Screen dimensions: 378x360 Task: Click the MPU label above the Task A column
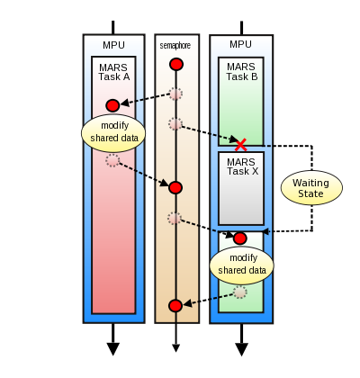point(113,44)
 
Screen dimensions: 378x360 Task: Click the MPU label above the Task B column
point(240,44)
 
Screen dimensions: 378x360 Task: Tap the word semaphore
point(175,45)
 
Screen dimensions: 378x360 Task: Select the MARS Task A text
point(114,71)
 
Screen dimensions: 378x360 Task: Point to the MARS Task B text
point(241,71)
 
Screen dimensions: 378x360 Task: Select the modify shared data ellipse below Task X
point(241,264)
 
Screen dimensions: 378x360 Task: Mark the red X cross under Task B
point(240,144)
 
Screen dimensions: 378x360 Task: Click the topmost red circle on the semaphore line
point(176,65)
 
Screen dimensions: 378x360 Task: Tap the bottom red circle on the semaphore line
point(175,306)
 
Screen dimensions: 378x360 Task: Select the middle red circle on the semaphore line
point(175,187)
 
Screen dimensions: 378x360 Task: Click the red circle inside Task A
point(112,105)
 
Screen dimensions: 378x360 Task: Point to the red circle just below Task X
point(240,238)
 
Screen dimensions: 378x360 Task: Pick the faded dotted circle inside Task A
point(112,160)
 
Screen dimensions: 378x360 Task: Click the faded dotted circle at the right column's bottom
point(240,292)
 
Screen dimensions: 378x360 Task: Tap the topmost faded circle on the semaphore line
point(175,94)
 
